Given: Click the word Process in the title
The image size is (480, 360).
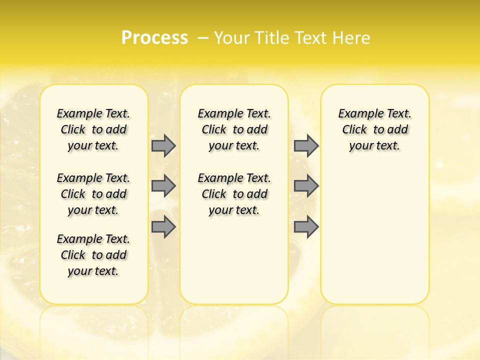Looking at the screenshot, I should (x=154, y=37).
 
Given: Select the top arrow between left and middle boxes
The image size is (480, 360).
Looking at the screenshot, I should (x=163, y=145).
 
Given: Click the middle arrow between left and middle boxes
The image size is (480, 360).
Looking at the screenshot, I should (x=163, y=186).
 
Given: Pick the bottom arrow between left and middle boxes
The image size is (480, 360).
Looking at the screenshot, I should (x=163, y=227).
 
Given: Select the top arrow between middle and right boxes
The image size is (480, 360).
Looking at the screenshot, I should (x=306, y=145).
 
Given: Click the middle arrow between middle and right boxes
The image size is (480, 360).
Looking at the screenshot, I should (x=306, y=186).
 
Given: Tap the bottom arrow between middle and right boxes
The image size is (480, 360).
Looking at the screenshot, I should (x=306, y=227).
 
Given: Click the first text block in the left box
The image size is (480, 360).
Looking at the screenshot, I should (x=93, y=129).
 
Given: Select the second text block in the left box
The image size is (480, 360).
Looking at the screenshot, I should (x=93, y=194).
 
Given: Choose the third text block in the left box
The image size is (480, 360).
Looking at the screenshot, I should (x=93, y=255).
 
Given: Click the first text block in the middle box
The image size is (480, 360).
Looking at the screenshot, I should (x=234, y=129).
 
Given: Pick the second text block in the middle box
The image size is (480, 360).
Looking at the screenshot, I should (x=234, y=194).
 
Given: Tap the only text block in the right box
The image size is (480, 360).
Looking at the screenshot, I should (x=374, y=129).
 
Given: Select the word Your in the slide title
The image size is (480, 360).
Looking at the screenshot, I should (x=233, y=37).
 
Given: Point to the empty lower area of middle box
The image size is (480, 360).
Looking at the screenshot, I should (x=234, y=260).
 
